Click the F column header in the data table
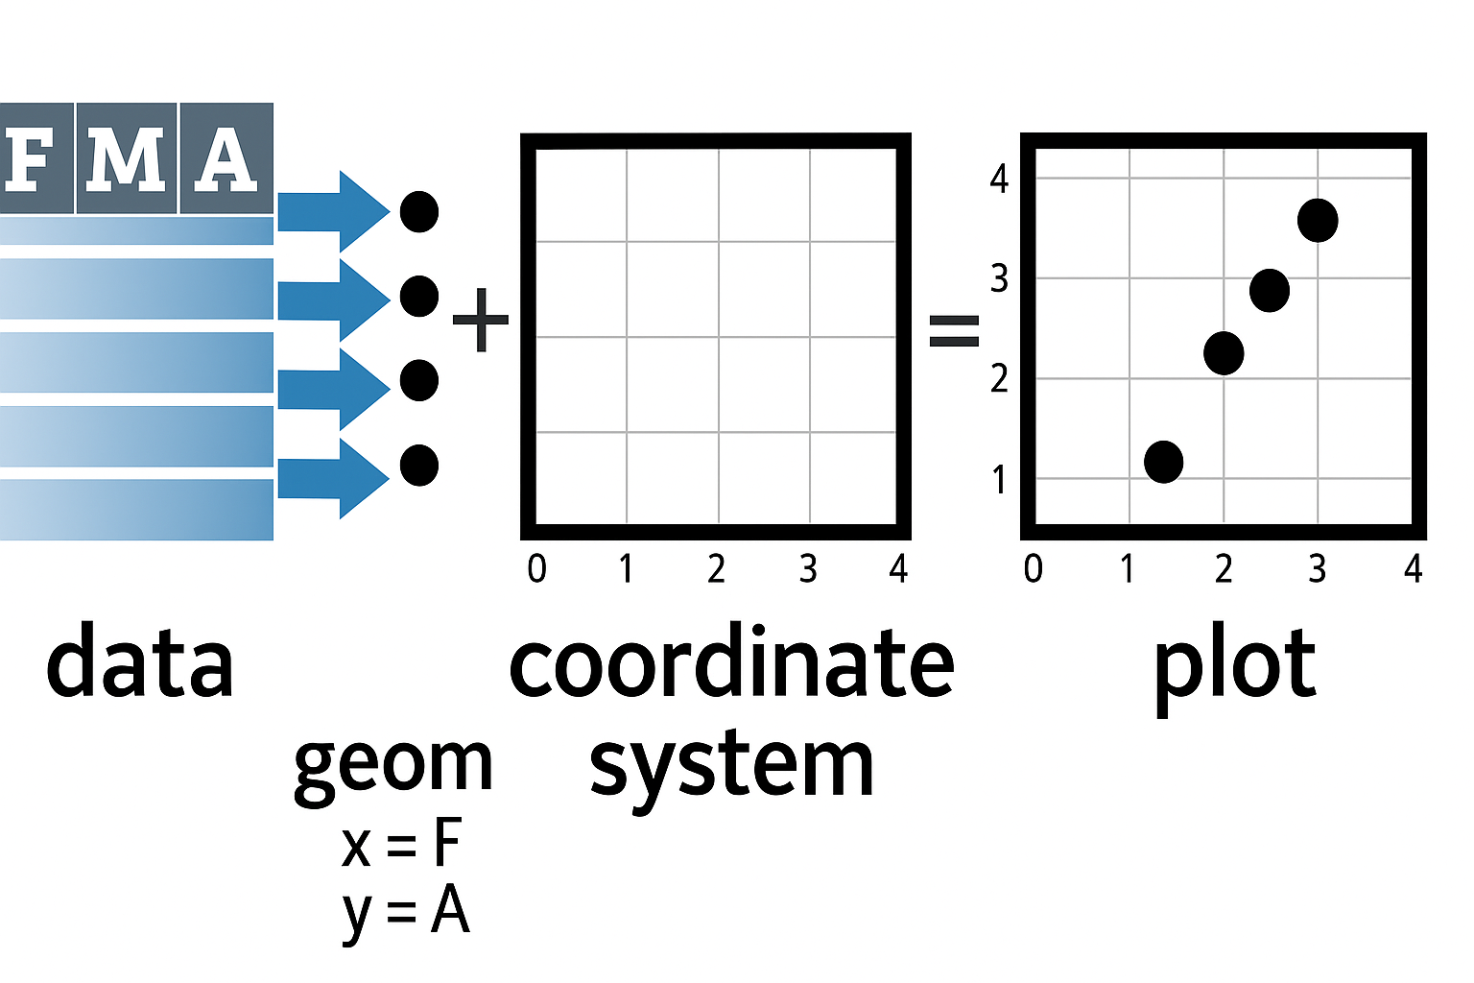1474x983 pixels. tap(35, 158)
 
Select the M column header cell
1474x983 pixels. tap(126, 158)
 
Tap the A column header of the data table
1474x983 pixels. tap(226, 158)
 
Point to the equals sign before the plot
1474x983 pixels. tap(954, 331)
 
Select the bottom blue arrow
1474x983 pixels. tap(332, 477)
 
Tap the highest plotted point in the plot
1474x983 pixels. tap(1318, 221)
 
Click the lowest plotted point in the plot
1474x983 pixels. tap(1164, 462)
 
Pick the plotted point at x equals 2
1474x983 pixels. tap(1224, 353)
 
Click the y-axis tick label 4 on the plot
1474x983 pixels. tap(999, 180)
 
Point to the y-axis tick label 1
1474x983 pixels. tap(999, 479)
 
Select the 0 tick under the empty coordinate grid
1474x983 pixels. tap(537, 569)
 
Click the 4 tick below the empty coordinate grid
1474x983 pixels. tap(898, 569)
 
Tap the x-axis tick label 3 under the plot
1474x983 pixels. tap(1318, 569)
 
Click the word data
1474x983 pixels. tap(140, 662)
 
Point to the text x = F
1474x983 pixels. tap(401, 845)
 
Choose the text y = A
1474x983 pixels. tap(405, 912)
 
